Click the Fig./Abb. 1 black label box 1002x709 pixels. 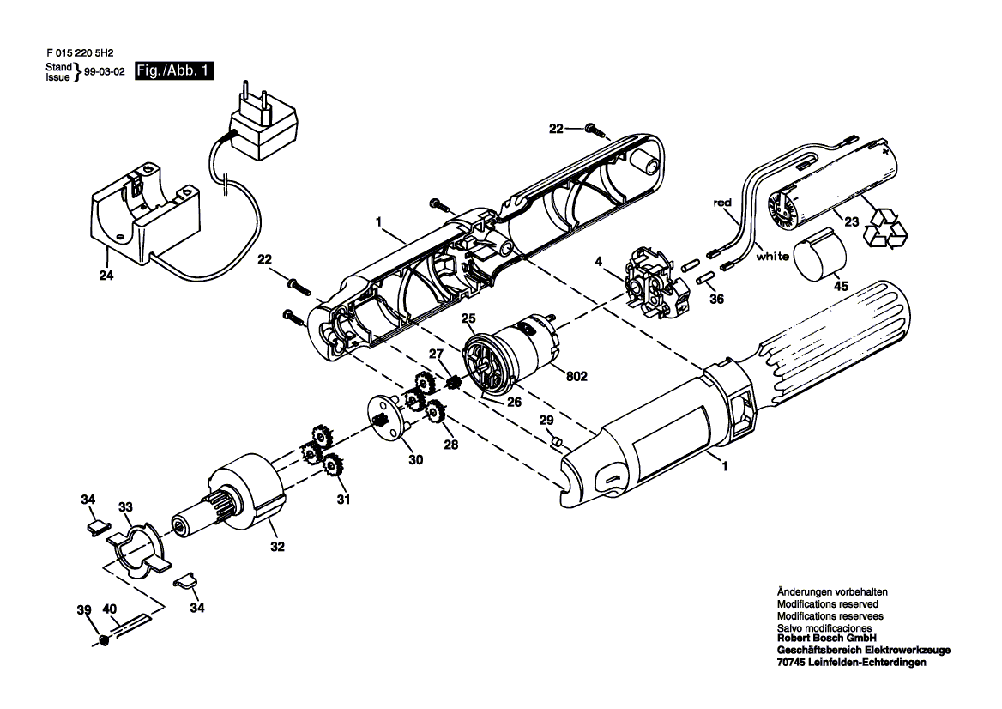coord(174,70)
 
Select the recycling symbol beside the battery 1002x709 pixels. coord(885,226)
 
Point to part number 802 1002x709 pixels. coord(576,377)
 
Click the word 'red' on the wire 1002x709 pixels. coord(722,203)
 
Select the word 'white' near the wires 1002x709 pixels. coord(772,257)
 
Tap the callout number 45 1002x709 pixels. coord(841,286)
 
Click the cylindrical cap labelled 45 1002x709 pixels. coord(819,253)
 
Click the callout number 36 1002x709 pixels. coord(717,299)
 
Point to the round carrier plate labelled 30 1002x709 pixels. coord(390,418)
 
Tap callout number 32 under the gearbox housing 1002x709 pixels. coord(277,547)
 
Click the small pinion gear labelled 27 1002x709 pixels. coord(455,385)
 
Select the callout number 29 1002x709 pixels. coord(546,420)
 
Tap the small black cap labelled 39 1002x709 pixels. coord(104,639)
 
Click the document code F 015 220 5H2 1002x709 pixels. coord(75,54)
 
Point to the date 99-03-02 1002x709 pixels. coord(104,71)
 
